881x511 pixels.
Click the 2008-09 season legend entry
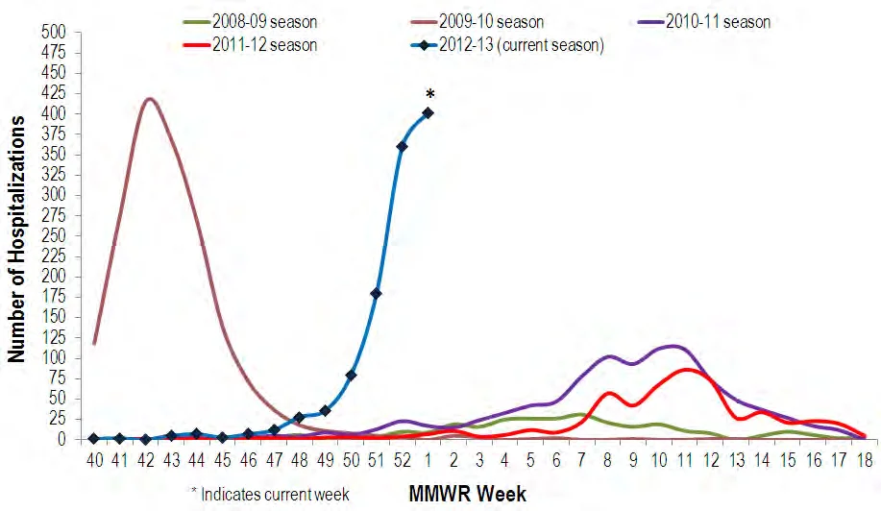pyautogui.click(x=250, y=22)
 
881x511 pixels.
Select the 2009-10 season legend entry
pyautogui.click(x=477, y=22)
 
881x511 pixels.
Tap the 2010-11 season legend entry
pyautogui.click(x=704, y=22)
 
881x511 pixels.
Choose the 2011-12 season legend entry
pyautogui.click(x=250, y=44)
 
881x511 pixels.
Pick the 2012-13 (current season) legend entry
pyautogui.click(x=507, y=44)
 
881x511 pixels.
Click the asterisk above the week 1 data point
pyautogui.click(x=429, y=94)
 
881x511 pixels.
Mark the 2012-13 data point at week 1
pyautogui.click(x=428, y=113)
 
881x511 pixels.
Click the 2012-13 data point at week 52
pyautogui.click(x=402, y=146)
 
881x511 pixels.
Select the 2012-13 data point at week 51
pyautogui.click(x=376, y=294)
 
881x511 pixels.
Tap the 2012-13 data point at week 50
pyautogui.click(x=351, y=376)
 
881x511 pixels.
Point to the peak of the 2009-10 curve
pyautogui.click(x=148, y=99)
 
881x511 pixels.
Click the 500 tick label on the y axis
pyautogui.click(x=54, y=33)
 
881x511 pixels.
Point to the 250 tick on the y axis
pyautogui.click(x=54, y=236)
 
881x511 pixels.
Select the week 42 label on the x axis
pyautogui.click(x=145, y=460)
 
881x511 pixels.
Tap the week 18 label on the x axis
pyautogui.click(x=865, y=460)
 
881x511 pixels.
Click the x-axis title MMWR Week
pyautogui.click(x=468, y=494)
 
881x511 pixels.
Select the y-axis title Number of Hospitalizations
pyautogui.click(x=16, y=238)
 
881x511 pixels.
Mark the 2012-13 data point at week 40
pyautogui.click(x=94, y=439)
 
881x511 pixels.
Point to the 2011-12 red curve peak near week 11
pyautogui.click(x=687, y=370)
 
